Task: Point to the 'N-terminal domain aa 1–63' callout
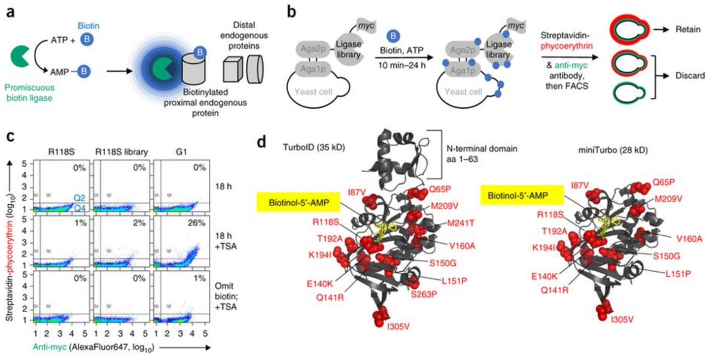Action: pyautogui.click(x=474, y=154)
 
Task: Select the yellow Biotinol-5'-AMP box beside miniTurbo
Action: pyautogui.click(x=522, y=195)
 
